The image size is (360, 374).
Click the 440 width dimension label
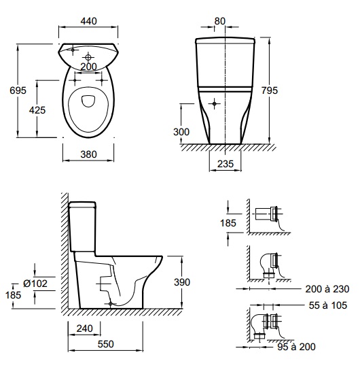(88, 21)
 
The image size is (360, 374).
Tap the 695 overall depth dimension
(18, 90)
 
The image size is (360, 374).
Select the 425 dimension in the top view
(37, 110)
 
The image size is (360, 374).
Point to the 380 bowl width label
(88, 154)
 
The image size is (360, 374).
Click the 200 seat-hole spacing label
(88, 67)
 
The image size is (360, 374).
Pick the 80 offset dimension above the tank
(219, 21)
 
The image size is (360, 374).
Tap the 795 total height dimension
(270, 90)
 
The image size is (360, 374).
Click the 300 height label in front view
(181, 132)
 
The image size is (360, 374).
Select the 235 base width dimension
(226, 164)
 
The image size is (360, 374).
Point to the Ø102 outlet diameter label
(35, 284)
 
